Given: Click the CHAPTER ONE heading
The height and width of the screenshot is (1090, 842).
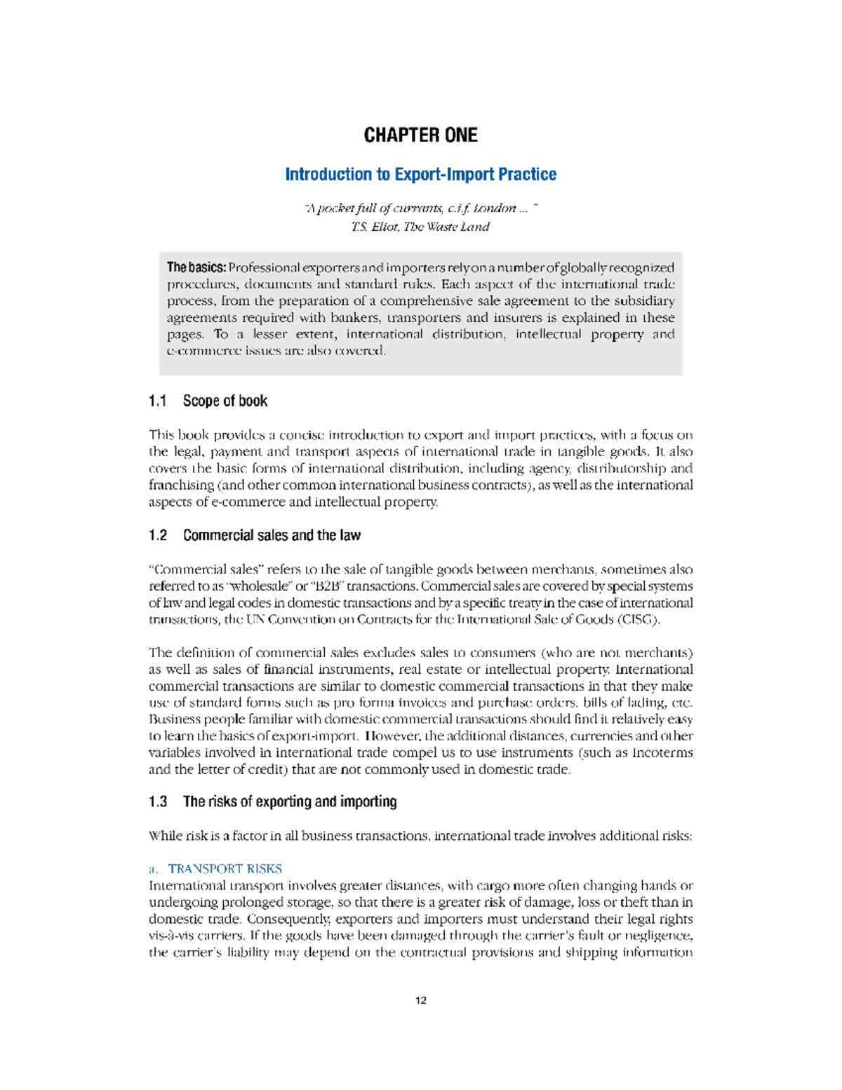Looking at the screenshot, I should point(420,135).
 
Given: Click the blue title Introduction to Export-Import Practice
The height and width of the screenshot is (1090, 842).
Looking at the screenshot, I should point(420,175).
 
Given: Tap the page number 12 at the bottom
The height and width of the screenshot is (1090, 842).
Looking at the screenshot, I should point(421,1000).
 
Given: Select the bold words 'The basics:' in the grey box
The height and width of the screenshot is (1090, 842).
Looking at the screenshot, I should point(196,267).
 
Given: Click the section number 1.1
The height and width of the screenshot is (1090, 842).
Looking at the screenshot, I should point(158,401).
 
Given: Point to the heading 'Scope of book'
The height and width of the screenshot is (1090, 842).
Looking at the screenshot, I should point(225,401).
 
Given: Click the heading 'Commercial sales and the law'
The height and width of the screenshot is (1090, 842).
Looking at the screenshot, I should point(272,536).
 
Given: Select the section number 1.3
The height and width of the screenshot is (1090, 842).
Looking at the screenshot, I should point(158,802).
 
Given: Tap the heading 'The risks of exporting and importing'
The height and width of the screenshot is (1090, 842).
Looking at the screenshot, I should point(290,802).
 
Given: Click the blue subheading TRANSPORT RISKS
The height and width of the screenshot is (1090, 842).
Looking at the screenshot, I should point(225,869).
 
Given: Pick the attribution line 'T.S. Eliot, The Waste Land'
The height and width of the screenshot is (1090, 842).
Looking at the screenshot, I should point(420,227).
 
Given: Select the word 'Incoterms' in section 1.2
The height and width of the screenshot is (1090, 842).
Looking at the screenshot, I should point(662,753).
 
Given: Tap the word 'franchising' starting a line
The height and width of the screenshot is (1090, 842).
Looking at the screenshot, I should point(181,486).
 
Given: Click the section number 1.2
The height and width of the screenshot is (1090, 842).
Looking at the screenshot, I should point(158,536).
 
